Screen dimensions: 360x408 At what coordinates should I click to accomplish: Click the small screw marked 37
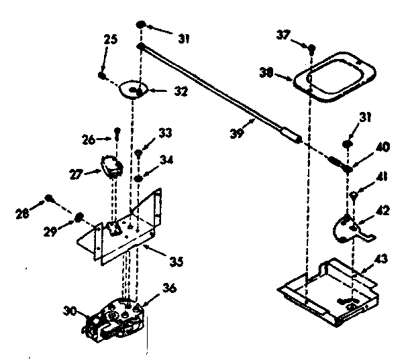313,48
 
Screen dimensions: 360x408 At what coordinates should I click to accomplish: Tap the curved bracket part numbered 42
350,228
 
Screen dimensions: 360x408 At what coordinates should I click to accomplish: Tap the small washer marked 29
79,217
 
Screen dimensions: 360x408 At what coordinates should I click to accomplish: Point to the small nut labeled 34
138,178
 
